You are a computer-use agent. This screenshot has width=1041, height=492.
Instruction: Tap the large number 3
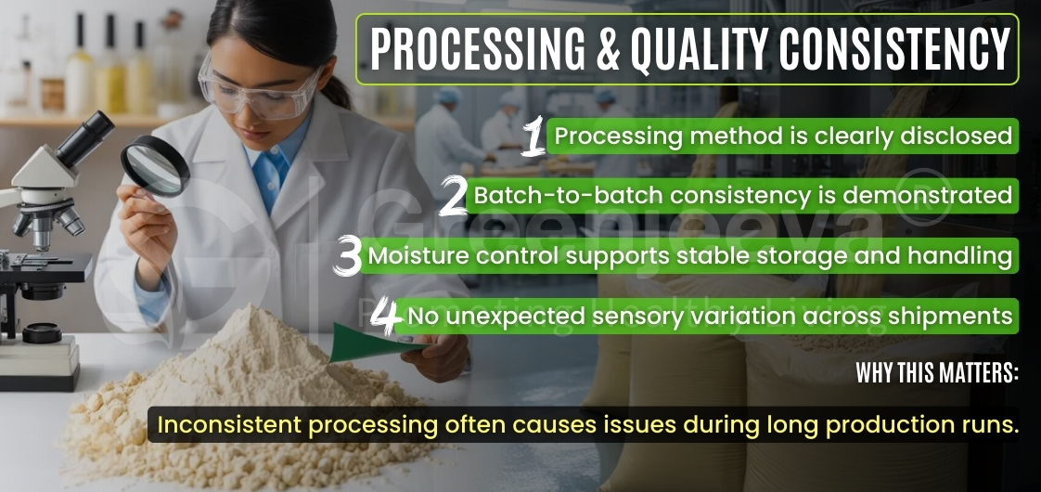(x=348, y=257)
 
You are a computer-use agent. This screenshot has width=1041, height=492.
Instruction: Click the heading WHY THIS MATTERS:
(x=936, y=374)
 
